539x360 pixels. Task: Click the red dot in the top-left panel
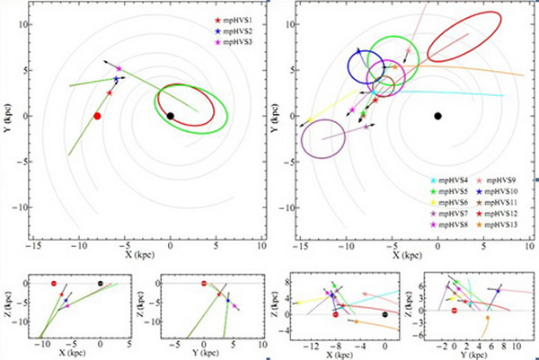(97, 116)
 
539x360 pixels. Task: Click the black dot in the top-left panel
(171, 115)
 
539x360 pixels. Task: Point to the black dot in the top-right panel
(437, 116)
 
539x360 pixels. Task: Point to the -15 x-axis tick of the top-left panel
(34, 244)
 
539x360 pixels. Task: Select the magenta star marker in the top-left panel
(119, 68)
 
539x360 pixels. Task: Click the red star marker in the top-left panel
(110, 92)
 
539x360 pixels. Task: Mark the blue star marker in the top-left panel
(116, 79)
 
